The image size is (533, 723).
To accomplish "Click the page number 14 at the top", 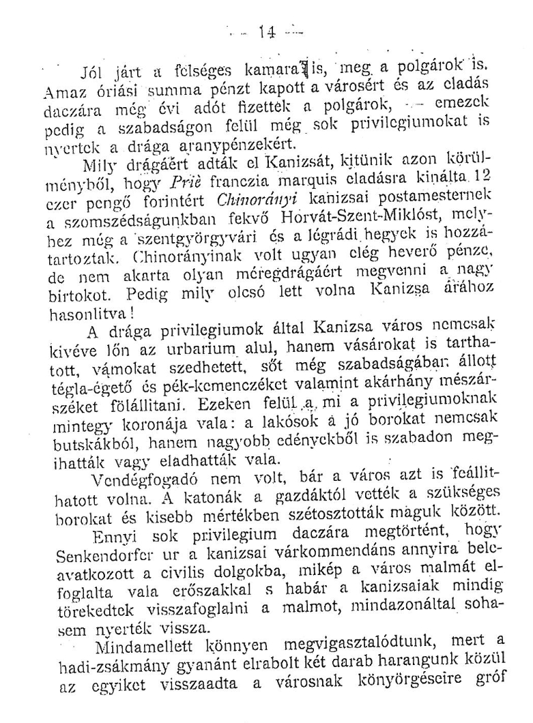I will pos(265,32).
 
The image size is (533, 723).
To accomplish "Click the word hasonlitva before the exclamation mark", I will pos(88,306).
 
